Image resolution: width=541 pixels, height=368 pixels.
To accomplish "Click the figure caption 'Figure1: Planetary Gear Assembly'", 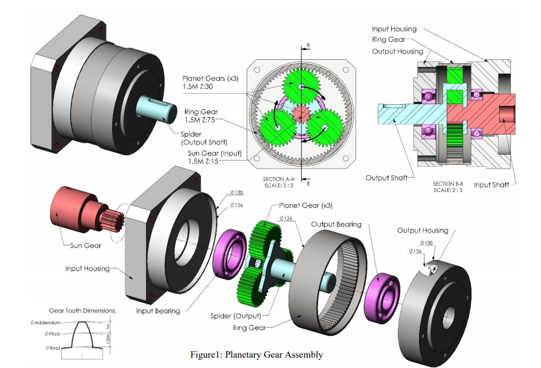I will coord(256,355).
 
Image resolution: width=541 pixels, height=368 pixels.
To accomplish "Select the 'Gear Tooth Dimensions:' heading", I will coord(83,310).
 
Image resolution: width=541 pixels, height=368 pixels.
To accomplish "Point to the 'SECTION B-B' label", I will coord(448,184).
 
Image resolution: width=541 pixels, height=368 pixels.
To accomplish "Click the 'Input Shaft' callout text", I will coord(492,185).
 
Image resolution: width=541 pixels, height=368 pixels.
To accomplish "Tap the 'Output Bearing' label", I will coord(336,224).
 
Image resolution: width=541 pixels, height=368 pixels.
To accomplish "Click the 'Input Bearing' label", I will coord(158,311).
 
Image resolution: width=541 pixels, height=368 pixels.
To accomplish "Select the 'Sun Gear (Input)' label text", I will coord(215,154).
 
